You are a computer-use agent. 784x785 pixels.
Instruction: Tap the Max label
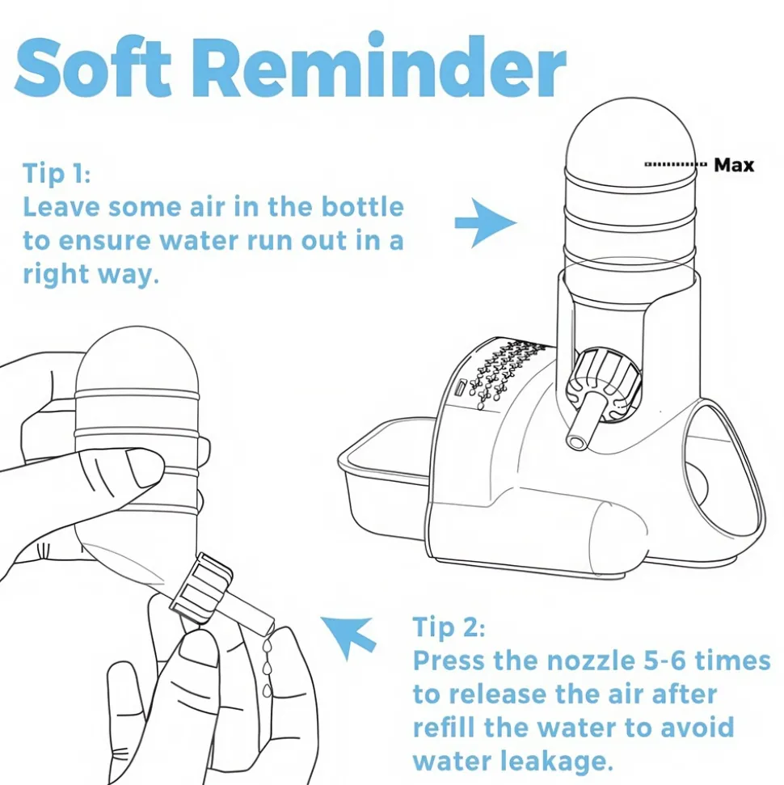[x=733, y=165]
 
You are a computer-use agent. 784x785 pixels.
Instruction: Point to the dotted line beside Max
[x=676, y=164]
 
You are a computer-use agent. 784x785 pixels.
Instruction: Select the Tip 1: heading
[x=57, y=174]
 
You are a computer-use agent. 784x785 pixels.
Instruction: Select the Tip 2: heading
[x=449, y=627]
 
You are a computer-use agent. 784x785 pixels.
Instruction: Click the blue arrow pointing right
[x=485, y=223]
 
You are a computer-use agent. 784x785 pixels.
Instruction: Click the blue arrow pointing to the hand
[x=349, y=636]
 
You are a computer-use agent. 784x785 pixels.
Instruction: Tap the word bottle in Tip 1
[x=362, y=207]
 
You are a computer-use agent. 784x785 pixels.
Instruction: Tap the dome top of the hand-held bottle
[x=137, y=361]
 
